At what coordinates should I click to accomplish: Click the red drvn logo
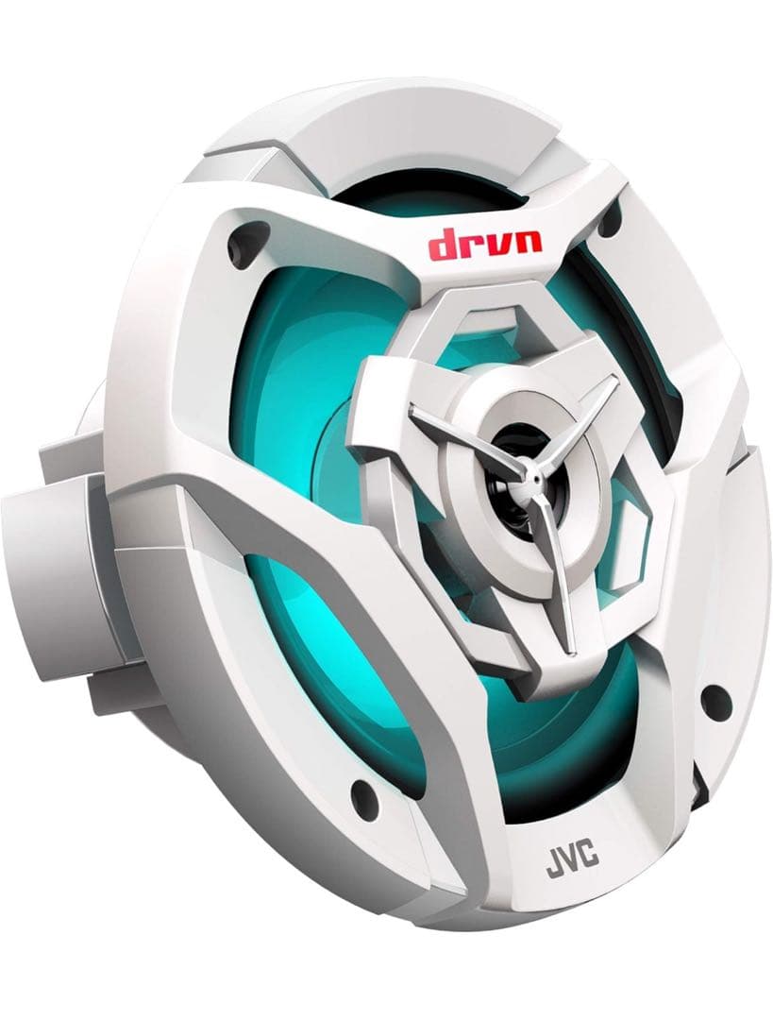484,246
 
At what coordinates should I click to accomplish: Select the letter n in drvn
528,244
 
